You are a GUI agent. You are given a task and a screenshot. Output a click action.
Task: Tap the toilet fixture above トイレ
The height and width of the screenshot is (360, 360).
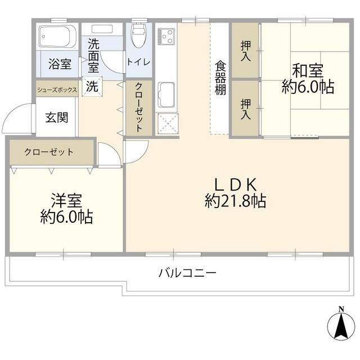point(138,37)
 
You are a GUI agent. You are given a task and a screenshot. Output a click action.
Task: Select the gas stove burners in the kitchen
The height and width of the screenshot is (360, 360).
point(166,37)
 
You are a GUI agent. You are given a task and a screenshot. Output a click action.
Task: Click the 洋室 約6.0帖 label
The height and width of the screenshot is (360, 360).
point(66,209)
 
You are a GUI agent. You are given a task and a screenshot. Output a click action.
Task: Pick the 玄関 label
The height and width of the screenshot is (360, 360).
point(56,118)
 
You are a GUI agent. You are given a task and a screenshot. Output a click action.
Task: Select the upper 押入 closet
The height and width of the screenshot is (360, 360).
point(245,51)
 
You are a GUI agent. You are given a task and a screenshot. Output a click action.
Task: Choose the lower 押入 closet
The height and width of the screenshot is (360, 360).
point(245,108)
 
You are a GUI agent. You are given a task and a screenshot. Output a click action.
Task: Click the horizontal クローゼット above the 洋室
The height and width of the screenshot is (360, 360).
point(51,152)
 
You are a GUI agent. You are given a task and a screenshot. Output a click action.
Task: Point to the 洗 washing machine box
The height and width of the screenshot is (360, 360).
point(92,87)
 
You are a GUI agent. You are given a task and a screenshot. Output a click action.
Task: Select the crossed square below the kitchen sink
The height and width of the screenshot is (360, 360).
point(167,124)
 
